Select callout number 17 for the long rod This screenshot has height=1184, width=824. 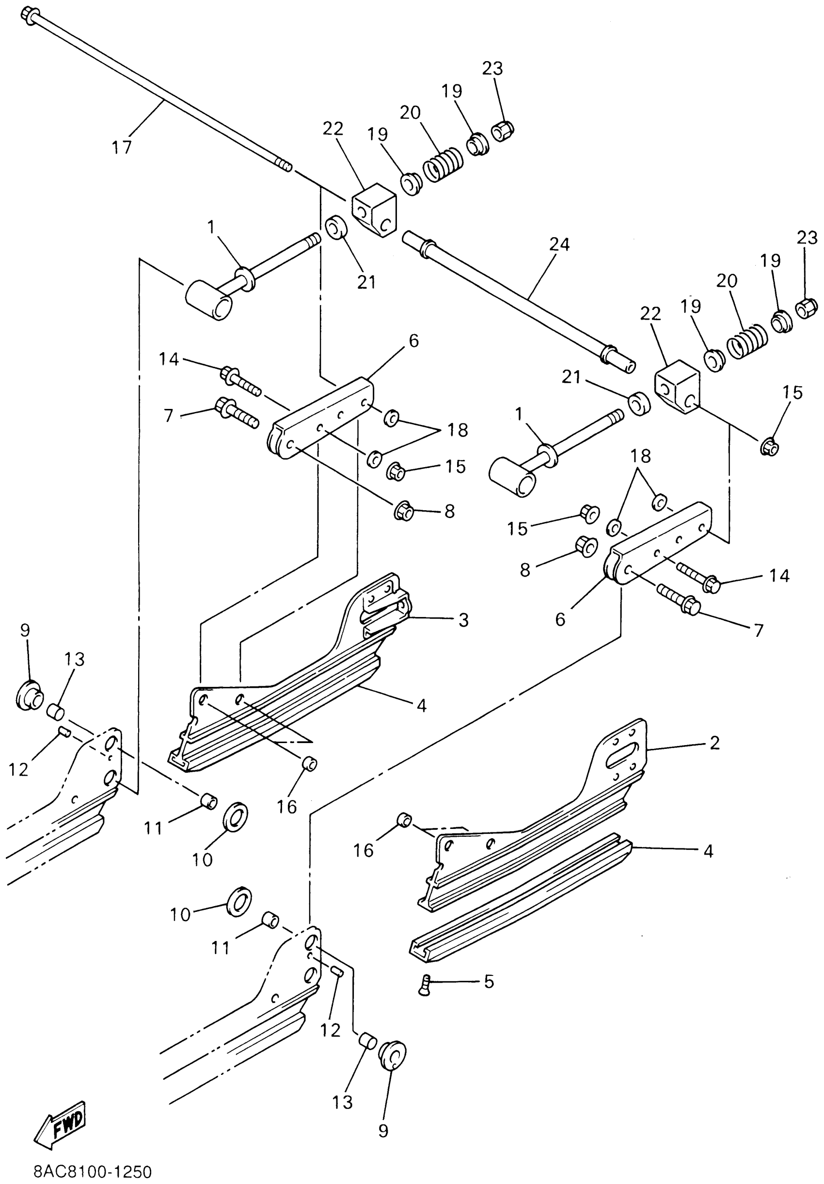click(122, 147)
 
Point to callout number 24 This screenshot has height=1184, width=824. click(559, 244)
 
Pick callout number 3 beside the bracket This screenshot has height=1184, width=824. click(463, 620)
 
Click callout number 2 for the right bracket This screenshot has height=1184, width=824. click(714, 743)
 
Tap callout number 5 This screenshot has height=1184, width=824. click(489, 981)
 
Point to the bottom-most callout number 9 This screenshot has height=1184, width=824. click(383, 1130)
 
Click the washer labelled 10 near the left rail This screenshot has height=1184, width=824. click(236, 815)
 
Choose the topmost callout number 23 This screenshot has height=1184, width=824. click(492, 68)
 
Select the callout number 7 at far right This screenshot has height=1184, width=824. click(758, 630)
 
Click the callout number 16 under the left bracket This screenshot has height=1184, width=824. click(286, 807)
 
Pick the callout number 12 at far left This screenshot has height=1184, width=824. click(18, 769)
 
